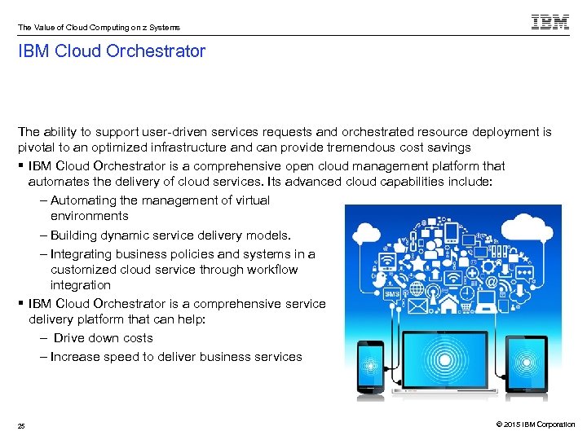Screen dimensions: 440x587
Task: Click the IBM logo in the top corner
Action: click(x=550, y=22)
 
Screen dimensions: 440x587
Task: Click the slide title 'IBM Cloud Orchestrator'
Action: click(x=112, y=52)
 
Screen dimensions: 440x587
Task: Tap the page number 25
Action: click(x=21, y=425)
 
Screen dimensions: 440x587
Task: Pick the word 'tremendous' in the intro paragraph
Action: click(x=360, y=147)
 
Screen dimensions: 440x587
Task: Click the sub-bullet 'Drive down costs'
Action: click(x=103, y=338)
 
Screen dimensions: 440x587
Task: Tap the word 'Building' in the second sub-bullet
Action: click(x=76, y=235)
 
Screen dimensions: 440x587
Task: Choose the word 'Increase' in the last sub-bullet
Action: click(x=76, y=357)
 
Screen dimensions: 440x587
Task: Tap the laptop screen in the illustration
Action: click(x=443, y=358)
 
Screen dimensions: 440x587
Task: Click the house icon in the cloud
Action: click(x=448, y=306)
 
